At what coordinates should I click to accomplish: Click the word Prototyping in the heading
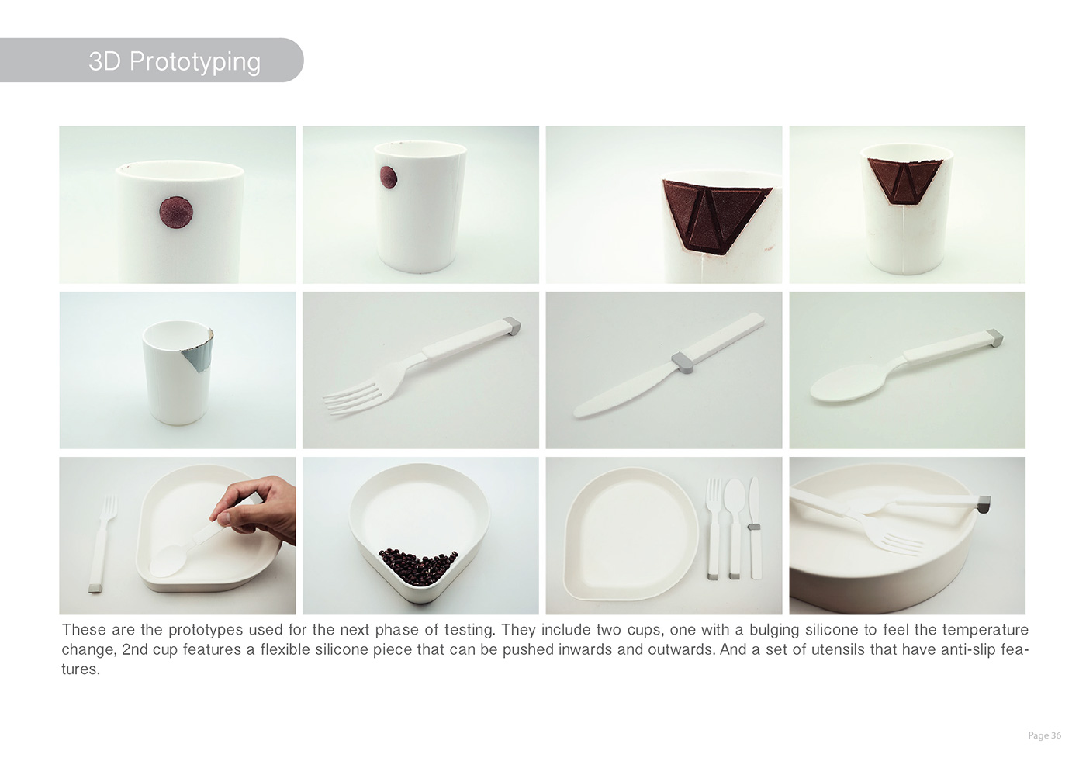point(195,61)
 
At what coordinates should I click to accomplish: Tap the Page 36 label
point(1044,735)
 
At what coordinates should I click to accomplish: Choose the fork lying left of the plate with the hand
point(97,543)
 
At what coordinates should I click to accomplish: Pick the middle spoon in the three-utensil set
point(734,528)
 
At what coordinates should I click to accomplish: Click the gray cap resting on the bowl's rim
point(983,505)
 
